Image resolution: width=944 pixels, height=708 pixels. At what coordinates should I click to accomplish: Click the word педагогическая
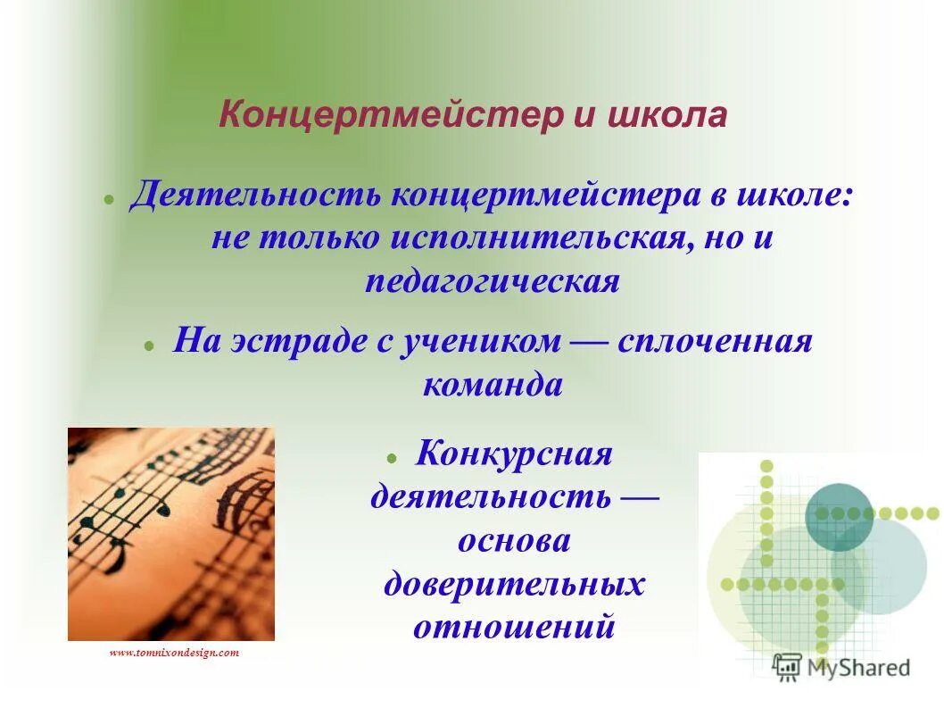tap(492, 280)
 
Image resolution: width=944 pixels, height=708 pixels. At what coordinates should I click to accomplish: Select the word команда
tap(492, 384)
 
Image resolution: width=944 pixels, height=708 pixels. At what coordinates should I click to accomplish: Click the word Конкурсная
tap(514, 454)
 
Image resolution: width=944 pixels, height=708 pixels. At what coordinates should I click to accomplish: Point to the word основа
tap(514, 540)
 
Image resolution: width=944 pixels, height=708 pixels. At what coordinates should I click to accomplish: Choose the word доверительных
tap(514, 584)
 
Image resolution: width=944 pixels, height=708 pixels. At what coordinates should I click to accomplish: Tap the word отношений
tap(514, 626)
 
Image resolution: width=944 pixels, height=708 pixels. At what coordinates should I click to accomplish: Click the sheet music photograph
tap(170, 534)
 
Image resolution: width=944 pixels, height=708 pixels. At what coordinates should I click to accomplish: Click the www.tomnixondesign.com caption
tap(174, 653)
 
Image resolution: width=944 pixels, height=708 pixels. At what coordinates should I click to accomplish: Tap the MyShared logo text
tap(857, 667)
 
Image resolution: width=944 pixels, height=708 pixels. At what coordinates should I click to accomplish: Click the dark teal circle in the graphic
tap(839, 516)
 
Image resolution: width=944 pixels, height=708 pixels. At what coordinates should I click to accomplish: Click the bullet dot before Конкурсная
tap(391, 456)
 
